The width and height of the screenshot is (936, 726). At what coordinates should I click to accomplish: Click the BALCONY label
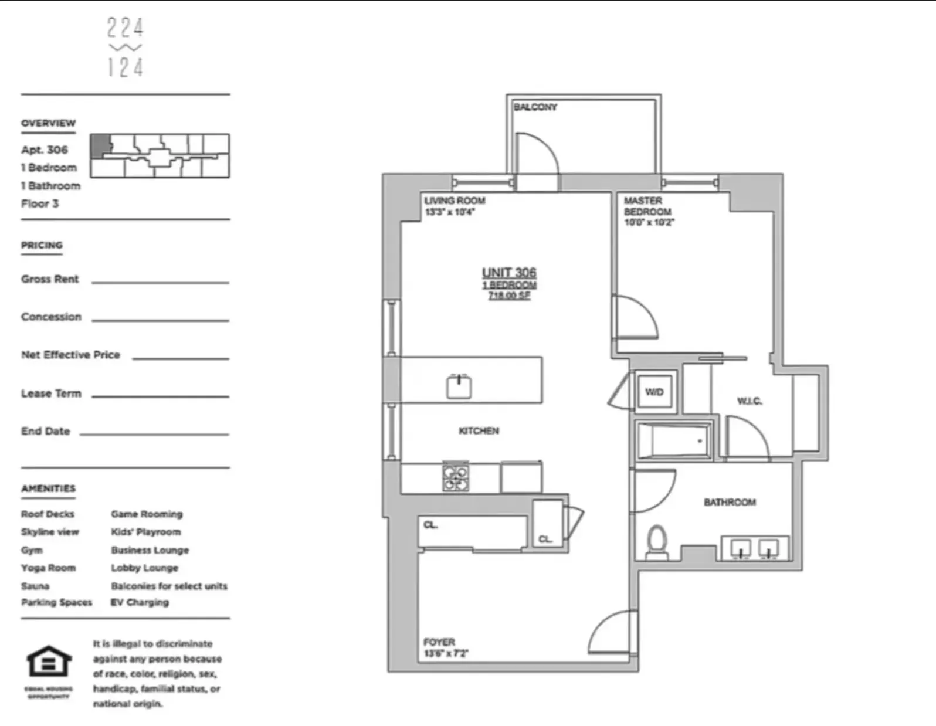535,107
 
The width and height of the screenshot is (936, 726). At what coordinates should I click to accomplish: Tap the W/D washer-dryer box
654,392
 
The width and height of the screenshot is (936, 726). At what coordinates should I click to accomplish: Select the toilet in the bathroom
657,542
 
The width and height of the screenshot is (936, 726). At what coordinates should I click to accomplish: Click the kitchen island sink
459,386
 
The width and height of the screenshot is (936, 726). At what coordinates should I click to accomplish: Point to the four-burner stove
456,476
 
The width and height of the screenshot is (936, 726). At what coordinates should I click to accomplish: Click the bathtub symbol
673,440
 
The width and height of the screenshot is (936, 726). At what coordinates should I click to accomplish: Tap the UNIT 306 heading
509,273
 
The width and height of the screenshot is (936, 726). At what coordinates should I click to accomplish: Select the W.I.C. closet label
750,401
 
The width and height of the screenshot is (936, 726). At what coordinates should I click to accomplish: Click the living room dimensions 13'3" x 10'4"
449,212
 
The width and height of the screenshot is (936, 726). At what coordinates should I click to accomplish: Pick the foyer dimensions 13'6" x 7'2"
446,653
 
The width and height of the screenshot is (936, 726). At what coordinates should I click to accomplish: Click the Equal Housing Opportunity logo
49,663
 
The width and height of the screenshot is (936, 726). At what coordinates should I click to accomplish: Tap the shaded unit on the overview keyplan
100,144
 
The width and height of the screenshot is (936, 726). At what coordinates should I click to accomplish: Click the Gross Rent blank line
160,282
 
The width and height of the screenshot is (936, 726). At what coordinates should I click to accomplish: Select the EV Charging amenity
140,602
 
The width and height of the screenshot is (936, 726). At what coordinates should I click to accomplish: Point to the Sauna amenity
35,586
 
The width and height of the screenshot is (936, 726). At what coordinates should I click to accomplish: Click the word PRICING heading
42,245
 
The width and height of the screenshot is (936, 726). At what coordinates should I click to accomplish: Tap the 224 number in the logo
125,28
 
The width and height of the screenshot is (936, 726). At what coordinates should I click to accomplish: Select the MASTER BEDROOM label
647,206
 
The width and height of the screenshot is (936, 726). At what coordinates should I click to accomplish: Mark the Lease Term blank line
160,396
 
